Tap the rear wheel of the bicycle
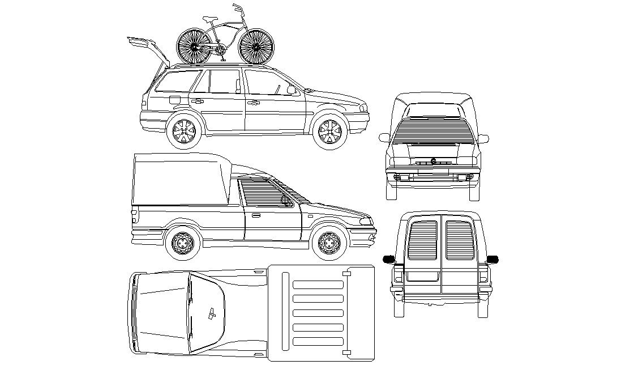195,46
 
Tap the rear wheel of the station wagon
184,131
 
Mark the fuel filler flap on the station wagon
174,99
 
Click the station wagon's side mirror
291,90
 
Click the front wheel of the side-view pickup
329,243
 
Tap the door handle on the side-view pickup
254,215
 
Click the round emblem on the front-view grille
433,161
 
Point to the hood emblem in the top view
211,313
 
